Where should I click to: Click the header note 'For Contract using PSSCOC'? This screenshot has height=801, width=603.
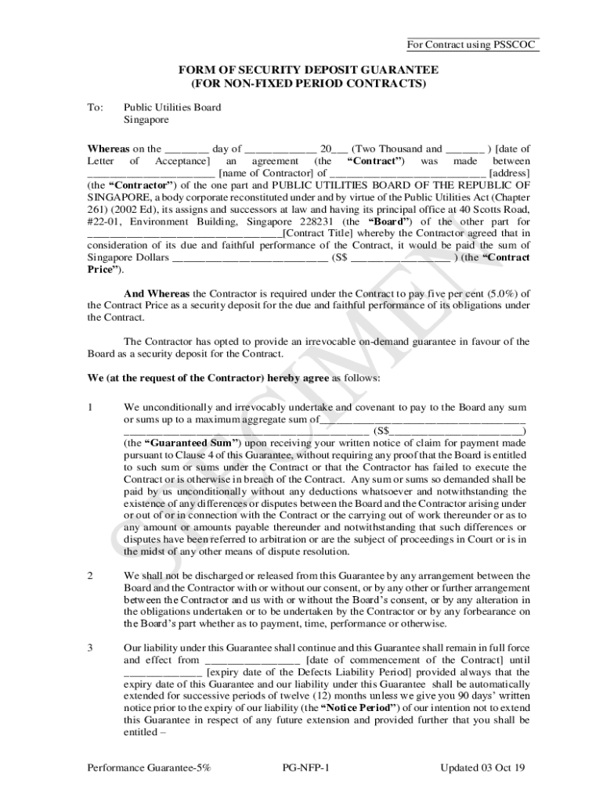472,45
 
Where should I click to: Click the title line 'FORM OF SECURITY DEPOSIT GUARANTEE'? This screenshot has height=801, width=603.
308,70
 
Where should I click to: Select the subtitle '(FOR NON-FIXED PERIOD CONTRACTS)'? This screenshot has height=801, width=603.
308,83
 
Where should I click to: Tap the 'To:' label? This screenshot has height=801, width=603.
95,107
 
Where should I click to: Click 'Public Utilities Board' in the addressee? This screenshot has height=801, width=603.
172,107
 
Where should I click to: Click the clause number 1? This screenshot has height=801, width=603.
90,408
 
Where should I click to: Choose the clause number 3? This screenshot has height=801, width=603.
90,648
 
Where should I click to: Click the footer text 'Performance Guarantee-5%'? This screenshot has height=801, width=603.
149,767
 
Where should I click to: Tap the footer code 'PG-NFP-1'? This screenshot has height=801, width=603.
305,767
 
